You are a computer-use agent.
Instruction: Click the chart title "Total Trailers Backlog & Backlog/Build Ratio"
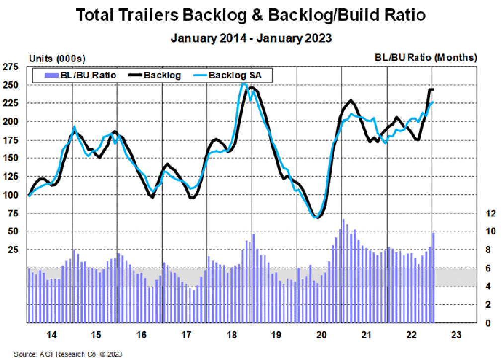[x=250, y=15]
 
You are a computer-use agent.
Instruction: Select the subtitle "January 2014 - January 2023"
[x=250, y=38]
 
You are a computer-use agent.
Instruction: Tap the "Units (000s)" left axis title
[x=57, y=59]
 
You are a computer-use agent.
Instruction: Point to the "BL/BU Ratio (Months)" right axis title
[x=425, y=58]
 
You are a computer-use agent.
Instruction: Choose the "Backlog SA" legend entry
[x=234, y=75]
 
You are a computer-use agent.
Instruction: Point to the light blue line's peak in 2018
[x=243, y=84]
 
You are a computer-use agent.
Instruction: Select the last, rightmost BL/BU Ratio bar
[x=433, y=278]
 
